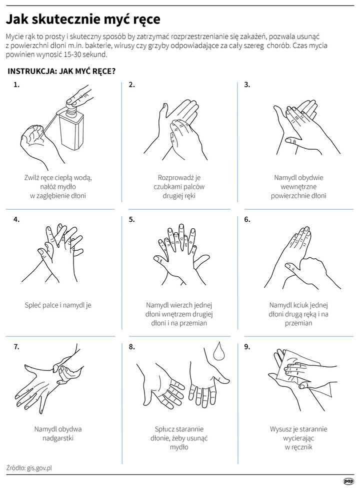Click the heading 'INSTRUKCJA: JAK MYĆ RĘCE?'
pyautogui.click(x=61, y=71)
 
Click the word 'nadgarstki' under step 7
pyautogui.click(x=58, y=438)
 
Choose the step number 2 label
pyautogui.click(x=131, y=85)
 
